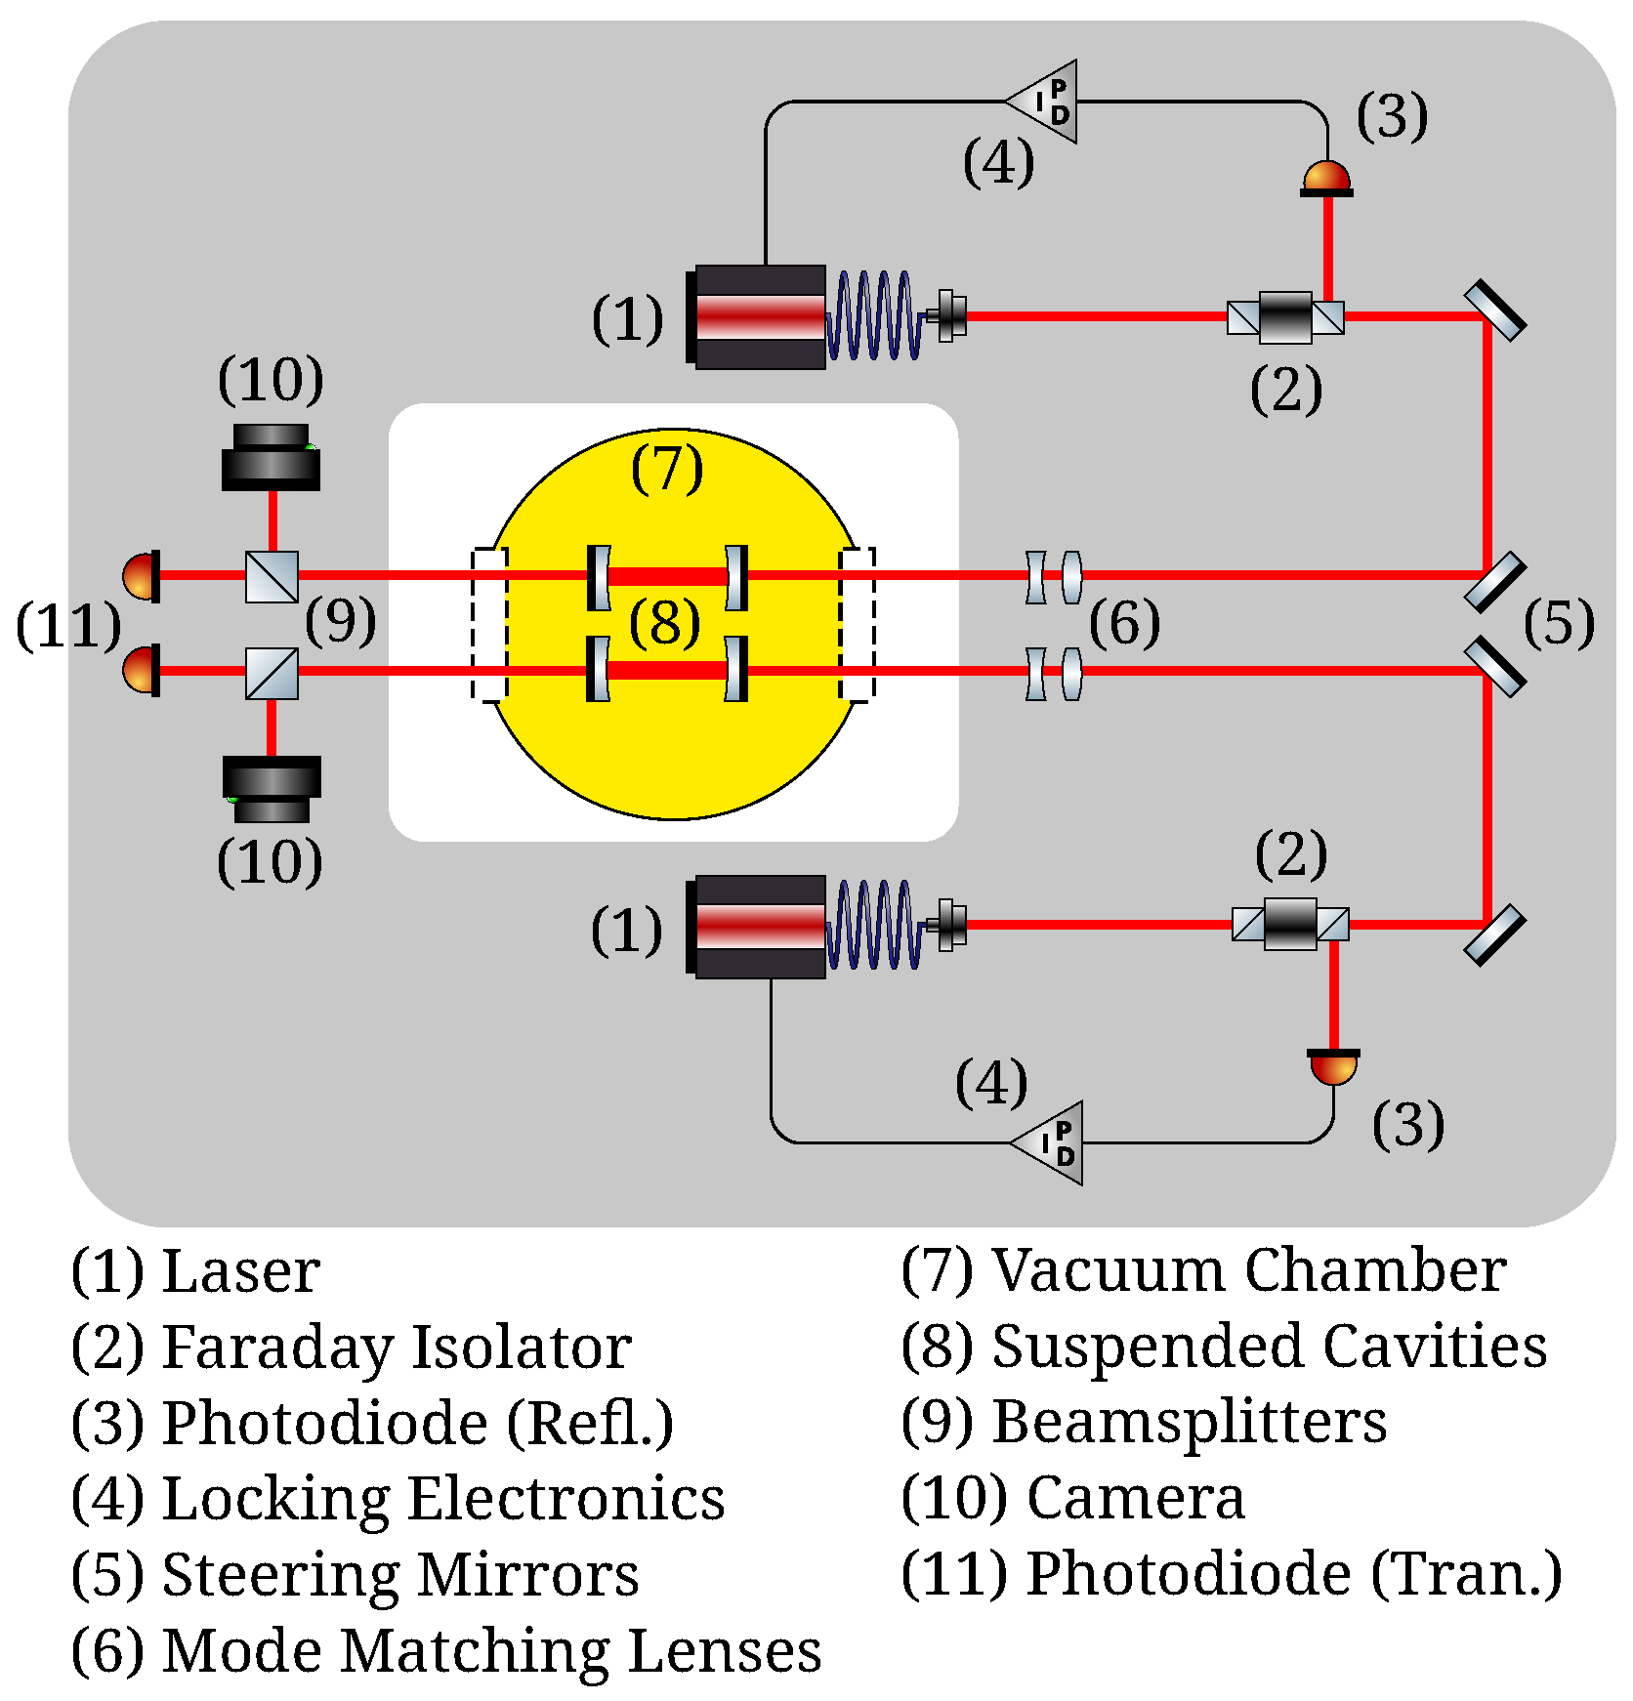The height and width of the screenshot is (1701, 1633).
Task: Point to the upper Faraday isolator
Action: (x=1285, y=317)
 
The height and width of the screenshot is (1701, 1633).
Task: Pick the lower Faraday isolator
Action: (x=1290, y=924)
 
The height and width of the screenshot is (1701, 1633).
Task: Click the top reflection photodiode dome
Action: (x=1326, y=179)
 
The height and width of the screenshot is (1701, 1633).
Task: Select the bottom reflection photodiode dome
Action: (x=1333, y=1067)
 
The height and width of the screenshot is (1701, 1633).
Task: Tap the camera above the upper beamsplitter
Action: (x=271, y=458)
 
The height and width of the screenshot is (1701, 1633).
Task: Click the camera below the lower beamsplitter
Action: (x=271, y=789)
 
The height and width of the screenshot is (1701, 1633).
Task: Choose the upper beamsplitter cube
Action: (x=272, y=577)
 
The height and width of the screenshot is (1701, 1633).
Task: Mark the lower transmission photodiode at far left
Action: (x=143, y=670)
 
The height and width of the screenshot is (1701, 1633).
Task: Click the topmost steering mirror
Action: (x=1494, y=311)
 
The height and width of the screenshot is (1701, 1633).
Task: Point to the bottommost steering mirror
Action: (x=1494, y=934)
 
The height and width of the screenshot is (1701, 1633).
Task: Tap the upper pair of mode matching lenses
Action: (x=1054, y=577)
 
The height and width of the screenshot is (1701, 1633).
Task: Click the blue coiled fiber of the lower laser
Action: (x=874, y=925)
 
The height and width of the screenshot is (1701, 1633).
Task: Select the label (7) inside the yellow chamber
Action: (x=667, y=468)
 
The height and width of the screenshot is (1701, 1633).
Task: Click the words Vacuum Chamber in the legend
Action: (x=1248, y=1270)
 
